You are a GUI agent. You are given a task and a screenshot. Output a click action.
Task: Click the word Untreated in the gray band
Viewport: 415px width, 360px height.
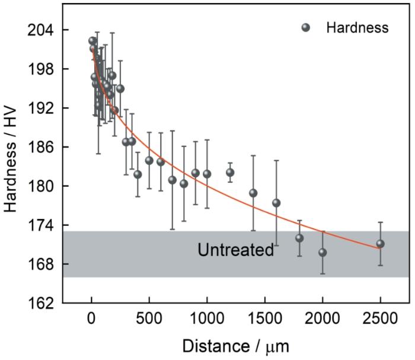pyautogui.click(x=235, y=250)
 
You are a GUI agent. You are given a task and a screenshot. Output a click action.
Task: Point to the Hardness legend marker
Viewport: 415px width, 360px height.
pyautogui.click(x=306, y=28)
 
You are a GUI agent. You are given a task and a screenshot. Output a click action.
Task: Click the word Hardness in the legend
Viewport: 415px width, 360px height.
pyautogui.click(x=357, y=28)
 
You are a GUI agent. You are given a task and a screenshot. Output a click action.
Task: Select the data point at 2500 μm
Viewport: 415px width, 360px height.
pyautogui.click(x=380, y=244)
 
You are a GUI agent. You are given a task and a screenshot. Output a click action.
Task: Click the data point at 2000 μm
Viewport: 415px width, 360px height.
pyautogui.click(x=323, y=252)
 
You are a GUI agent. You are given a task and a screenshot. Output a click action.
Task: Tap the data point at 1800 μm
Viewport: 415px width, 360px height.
pyautogui.click(x=299, y=238)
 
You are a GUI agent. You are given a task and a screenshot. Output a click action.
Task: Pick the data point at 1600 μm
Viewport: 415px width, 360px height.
pyautogui.click(x=276, y=203)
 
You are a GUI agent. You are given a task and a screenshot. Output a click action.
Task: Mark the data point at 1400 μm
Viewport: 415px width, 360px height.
pyautogui.click(x=253, y=193)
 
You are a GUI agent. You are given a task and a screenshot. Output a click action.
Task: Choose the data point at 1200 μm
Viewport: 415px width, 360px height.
pyautogui.click(x=230, y=173)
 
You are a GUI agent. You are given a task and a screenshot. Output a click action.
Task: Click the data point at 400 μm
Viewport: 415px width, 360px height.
pyautogui.click(x=138, y=174)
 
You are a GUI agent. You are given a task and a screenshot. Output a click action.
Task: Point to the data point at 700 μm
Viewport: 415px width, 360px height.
pyautogui.click(x=173, y=180)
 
